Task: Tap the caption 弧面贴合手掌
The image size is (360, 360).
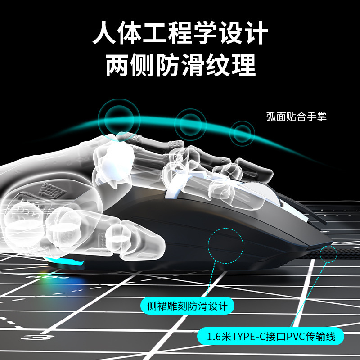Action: [296, 117]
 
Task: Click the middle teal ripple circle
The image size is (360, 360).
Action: [190, 123]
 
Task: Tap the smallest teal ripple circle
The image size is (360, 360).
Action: [242, 133]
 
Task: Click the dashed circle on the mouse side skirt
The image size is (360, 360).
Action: [225, 246]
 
